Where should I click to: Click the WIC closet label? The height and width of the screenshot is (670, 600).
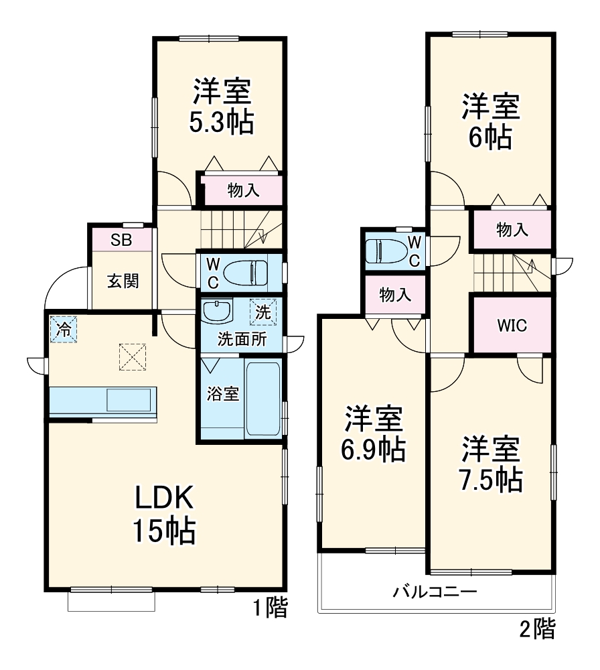coord(512,326)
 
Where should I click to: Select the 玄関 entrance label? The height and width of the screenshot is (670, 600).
coord(123,281)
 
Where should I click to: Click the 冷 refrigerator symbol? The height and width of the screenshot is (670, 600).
coord(62,329)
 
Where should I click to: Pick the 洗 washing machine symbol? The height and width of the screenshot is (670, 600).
coord(262,312)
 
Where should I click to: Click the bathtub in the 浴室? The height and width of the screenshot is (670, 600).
coord(263,399)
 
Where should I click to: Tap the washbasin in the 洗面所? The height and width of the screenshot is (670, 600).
coord(216,311)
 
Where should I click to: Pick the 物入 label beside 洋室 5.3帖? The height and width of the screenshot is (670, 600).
coord(243,191)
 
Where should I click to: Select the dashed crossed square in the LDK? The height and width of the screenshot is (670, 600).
coord(133,356)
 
